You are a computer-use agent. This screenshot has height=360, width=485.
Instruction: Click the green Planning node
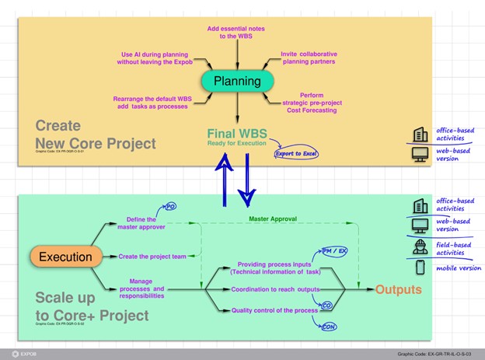[237, 81]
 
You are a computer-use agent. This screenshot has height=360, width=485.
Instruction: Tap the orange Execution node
[65, 257]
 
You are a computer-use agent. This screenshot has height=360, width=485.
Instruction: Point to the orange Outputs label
[399, 290]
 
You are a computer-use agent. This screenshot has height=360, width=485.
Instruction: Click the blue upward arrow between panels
[223, 178]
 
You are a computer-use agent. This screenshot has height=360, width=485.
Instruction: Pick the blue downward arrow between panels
[246, 178]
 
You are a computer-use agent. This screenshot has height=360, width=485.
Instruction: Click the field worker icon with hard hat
[420, 246]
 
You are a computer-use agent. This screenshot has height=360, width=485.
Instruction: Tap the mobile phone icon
[420, 267]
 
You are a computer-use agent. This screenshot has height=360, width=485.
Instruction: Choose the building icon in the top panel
[420, 134]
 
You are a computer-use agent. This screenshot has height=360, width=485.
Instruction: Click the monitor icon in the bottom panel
[420, 226]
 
